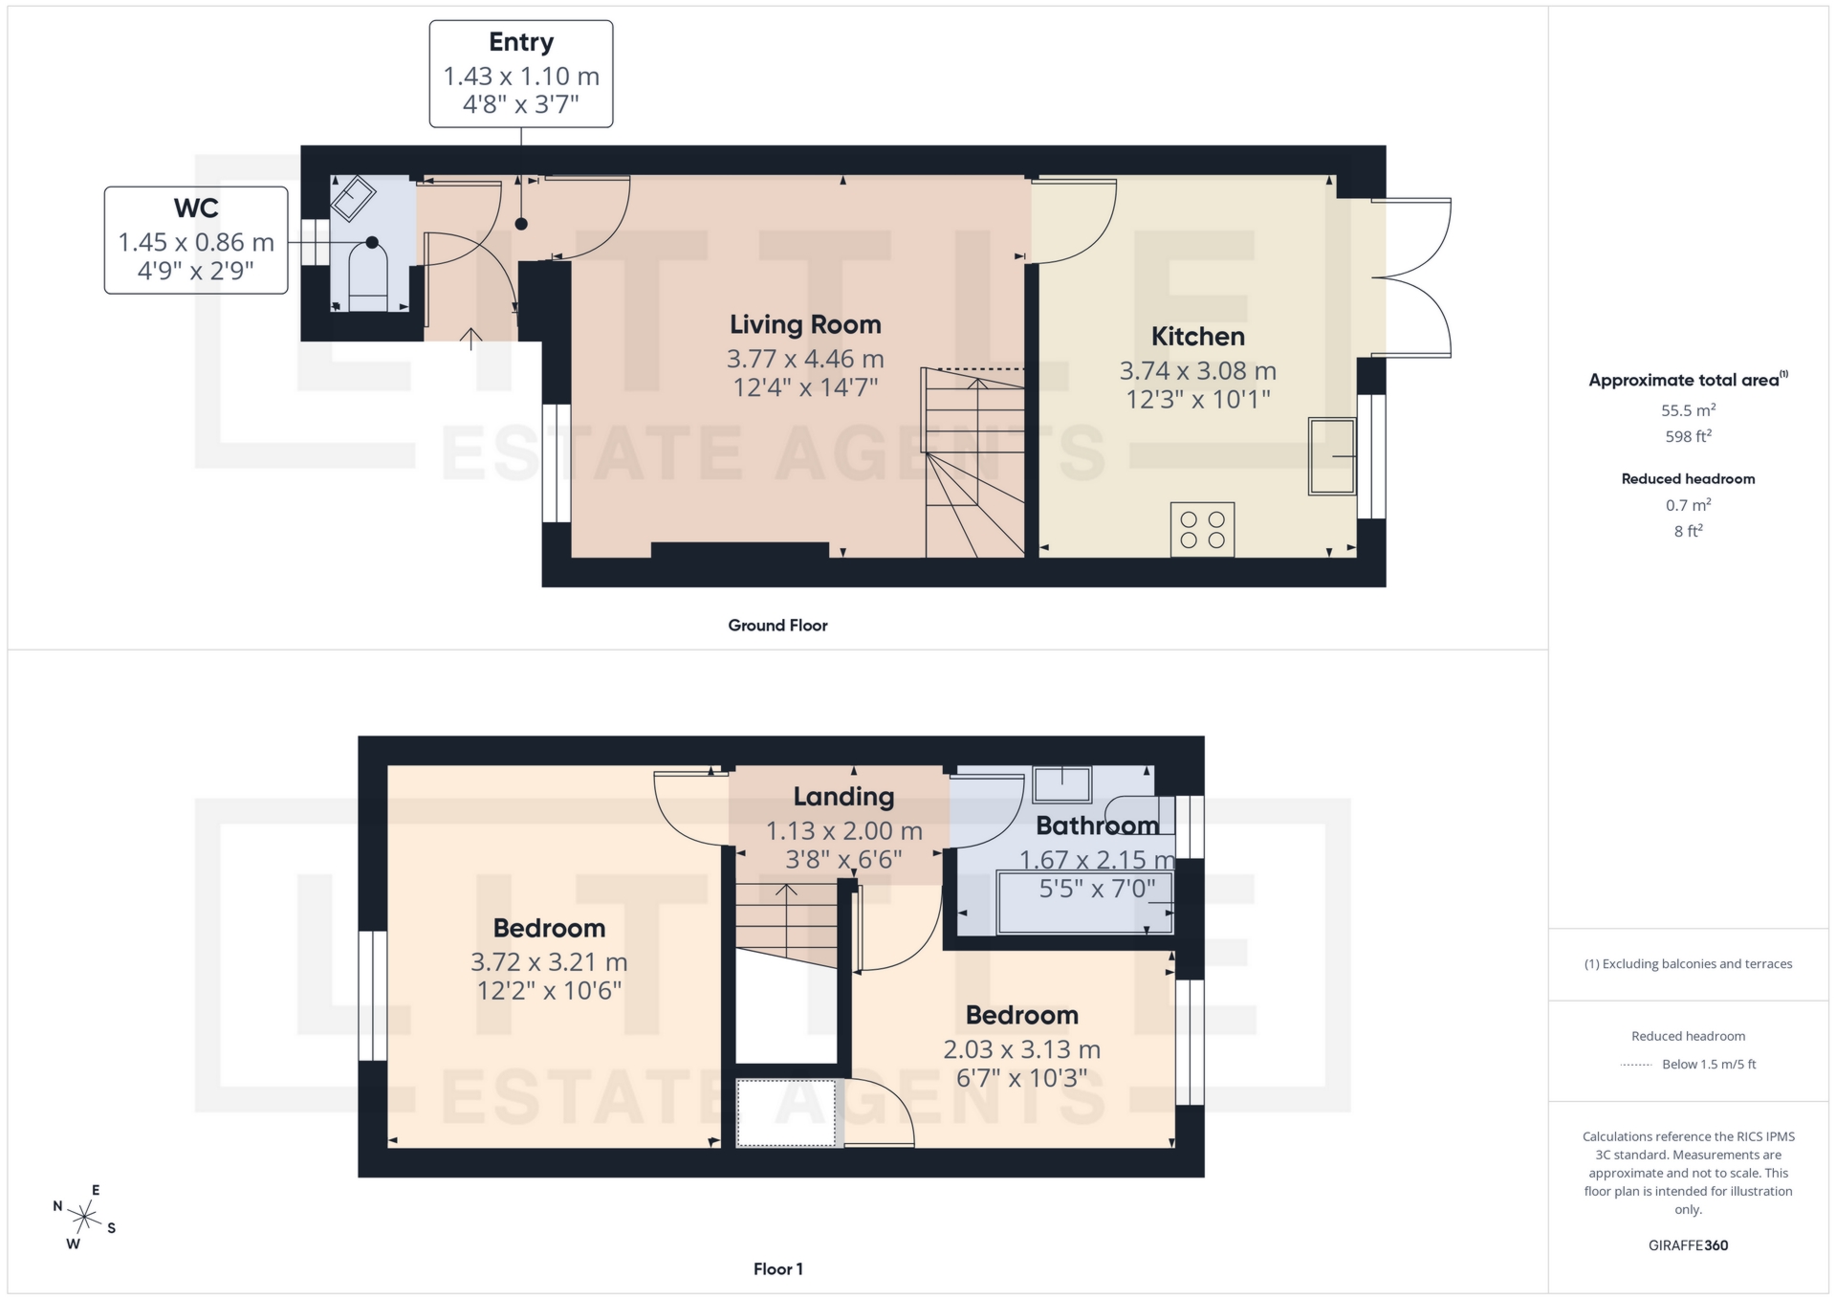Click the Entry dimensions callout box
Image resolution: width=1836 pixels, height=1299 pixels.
click(x=521, y=75)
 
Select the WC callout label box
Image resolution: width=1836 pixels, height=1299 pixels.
click(x=196, y=240)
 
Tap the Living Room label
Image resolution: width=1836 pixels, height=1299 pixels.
click(x=805, y=325)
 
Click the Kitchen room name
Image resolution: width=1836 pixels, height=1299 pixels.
click(x=1197, y=337)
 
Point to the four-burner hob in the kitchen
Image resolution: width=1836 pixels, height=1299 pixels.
click(x=1202, y=530)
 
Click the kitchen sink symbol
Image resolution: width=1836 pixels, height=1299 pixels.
click(x=1332, y=456)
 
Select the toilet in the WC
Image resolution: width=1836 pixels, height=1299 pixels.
click(x=369, y=277)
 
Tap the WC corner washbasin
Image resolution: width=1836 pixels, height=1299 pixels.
click(x=353, y=197)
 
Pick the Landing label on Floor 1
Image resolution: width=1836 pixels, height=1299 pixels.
click(x=843, y=797)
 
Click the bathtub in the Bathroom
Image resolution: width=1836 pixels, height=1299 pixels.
click(x=1084, y=902)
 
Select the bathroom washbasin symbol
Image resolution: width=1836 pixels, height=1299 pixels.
click(x=1062, y=784)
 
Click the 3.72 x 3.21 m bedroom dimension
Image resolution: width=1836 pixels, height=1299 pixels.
click(x=549, y=962)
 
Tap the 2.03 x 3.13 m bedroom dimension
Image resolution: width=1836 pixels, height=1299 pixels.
click(x=1021, y=1049)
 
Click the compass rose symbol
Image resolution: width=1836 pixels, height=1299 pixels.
click(x=84, y=1218)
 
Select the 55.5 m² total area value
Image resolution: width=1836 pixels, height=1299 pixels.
click(x=1688, y=410)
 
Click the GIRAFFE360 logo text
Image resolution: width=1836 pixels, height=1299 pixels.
click(x=1688, y=1245)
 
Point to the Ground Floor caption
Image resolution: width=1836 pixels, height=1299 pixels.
click(x=777, y=626)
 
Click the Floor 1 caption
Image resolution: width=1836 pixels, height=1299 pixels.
click(x=777, y=1269)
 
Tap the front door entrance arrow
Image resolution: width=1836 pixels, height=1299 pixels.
click(x=471, y=339)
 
